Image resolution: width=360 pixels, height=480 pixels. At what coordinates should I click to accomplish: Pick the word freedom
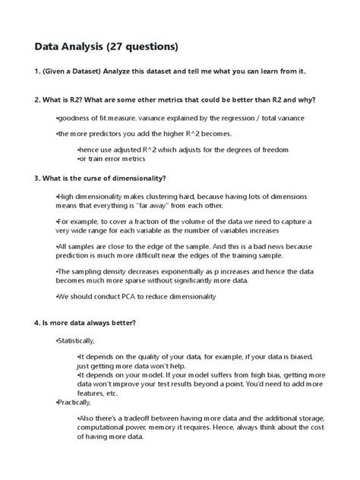(x=272, y=150)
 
